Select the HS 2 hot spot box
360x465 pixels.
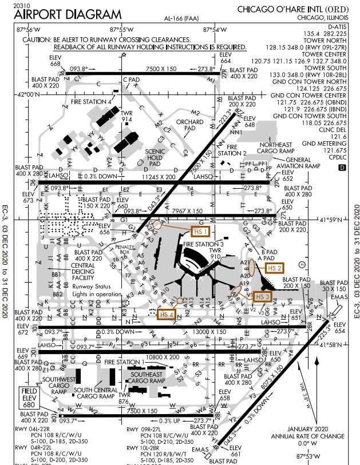pos(275,268)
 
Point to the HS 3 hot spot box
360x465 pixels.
pos(262,296)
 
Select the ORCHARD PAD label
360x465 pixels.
pos(189,125)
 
